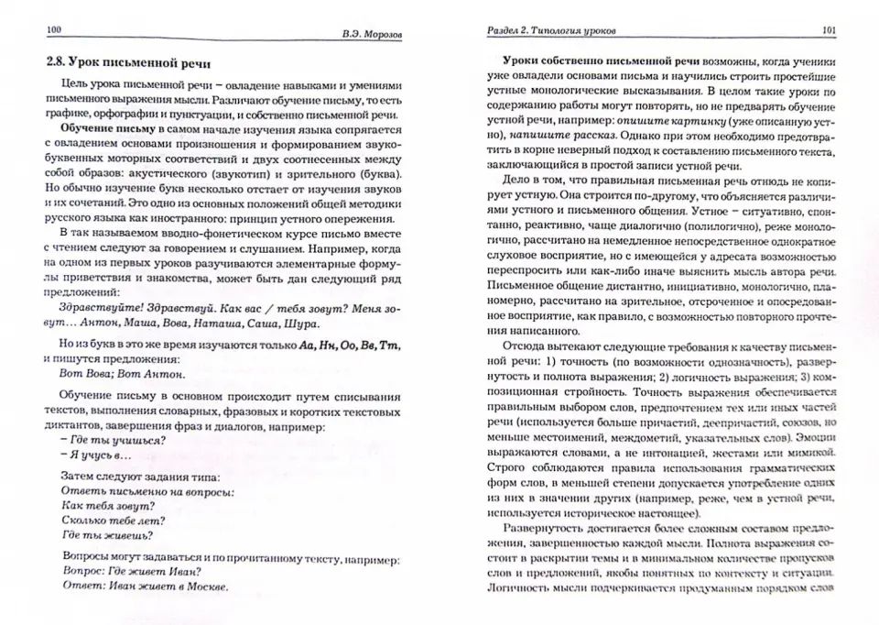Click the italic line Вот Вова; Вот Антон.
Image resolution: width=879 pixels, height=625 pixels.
[x=121, y=374]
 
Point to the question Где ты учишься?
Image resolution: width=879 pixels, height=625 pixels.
[x=112, y=439]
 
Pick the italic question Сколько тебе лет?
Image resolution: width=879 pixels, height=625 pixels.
[x=112, y=520]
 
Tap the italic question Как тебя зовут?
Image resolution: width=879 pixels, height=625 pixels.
[x=105, y=504]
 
